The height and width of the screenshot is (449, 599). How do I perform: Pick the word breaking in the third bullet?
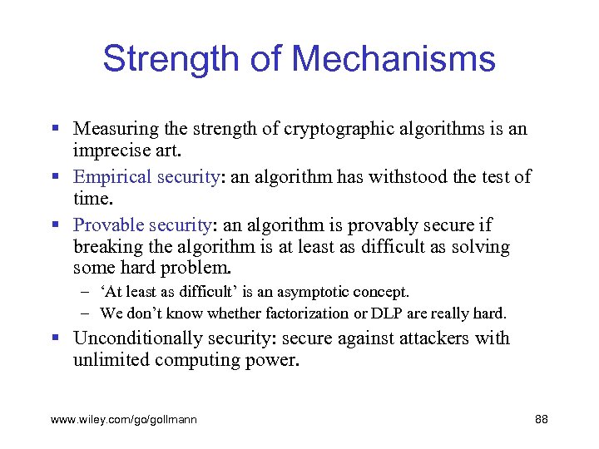[x=105, y=246]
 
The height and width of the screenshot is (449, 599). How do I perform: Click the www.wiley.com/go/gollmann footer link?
[x=124, y=420]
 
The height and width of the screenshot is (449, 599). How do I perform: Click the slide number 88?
[x=541, y=420]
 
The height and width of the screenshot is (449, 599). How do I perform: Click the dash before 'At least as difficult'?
[x=87, y=292]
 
